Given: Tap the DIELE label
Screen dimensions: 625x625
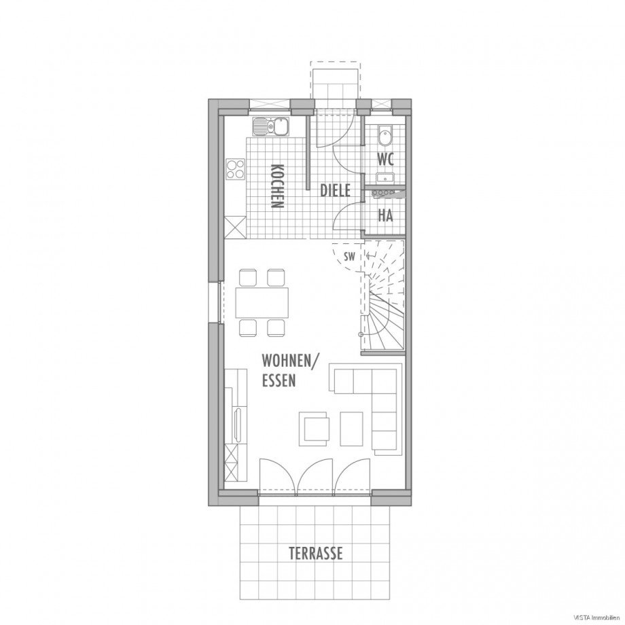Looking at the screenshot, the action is (335, 190).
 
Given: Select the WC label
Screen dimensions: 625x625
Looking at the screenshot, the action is (385, 160).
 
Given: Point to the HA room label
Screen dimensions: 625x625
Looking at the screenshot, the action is (385, 215).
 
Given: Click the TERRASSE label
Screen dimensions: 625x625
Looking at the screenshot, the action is (316, 553).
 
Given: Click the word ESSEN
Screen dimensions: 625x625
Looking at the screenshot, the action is (279, 380).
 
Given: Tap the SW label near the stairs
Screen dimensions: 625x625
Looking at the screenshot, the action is (349, 257).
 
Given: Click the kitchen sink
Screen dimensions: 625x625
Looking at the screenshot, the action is (271, 127).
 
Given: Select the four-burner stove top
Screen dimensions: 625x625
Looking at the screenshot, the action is (235, 168).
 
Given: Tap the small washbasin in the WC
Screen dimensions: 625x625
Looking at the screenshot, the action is (385, 178).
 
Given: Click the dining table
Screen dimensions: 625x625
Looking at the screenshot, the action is (262, 303).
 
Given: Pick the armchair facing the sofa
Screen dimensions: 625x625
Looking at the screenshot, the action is (316, 430).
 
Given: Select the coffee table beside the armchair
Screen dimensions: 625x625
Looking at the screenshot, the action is (352, 429).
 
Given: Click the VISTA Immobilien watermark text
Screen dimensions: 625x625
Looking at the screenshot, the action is (600, 618).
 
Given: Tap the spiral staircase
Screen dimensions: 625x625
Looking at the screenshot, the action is (382, 297).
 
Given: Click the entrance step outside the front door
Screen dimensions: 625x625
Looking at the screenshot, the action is (335, 84).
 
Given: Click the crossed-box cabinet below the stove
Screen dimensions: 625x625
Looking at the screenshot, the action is (235, 228).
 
